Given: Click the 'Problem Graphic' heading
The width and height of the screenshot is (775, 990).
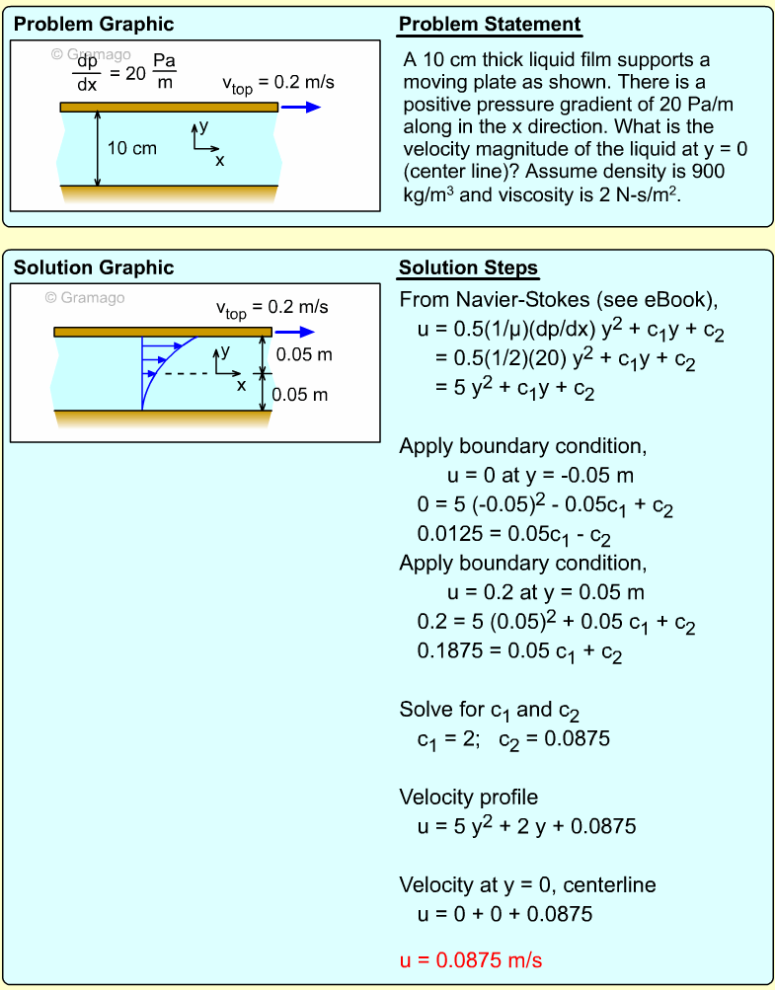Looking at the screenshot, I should (94, 25).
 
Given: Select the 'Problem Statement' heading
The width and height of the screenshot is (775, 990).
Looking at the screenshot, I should (490, 25).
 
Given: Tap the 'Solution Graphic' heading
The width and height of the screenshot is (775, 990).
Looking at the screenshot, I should (94, 267).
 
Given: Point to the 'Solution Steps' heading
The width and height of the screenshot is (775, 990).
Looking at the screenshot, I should (468, 267).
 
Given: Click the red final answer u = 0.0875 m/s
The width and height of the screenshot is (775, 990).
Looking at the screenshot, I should (471, 959).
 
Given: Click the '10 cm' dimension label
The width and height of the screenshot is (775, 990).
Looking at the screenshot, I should (131, 148).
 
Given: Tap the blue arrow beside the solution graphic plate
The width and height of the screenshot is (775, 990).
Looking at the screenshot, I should (295, 332).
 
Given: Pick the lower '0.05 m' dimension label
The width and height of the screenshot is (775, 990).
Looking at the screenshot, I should (300, 395).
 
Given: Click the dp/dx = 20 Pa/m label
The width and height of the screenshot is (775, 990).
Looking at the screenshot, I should (123, 72).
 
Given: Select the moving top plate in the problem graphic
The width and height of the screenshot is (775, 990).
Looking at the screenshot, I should (168, 107).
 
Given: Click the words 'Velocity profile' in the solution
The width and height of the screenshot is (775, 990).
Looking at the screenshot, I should (469, 797).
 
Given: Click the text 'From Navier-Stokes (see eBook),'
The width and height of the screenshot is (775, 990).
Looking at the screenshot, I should (558, 299).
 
